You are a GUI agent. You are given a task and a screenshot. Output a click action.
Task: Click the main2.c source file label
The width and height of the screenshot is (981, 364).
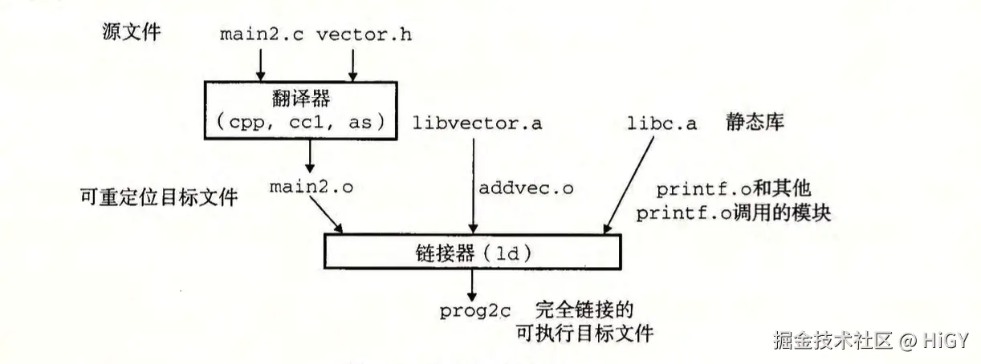coord(262,35)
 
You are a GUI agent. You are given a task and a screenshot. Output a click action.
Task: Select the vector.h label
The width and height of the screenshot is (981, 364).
coord(364,35)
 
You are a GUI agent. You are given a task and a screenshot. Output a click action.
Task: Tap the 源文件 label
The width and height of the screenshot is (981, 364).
coord(132,31)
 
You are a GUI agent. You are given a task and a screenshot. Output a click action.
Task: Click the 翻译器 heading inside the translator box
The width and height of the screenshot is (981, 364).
coord(301,98)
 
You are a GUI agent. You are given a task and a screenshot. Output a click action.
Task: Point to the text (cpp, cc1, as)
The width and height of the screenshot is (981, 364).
coord(301,122)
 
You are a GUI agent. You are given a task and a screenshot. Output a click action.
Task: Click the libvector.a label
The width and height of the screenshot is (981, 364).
coord(478,123)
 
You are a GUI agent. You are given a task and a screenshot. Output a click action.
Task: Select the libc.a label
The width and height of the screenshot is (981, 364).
coord(661,123)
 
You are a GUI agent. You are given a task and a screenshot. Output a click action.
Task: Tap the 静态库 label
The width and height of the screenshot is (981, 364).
coord(755,122)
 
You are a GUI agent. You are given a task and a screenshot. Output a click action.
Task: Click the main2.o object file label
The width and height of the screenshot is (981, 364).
coord(311,187)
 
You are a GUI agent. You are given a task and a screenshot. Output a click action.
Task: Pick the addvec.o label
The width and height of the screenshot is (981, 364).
coord(526,188)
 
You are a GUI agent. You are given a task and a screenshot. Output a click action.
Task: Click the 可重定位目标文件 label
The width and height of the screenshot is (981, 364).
coord(159,197)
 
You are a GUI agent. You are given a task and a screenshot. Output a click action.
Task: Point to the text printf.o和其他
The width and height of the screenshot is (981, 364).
coord(734,189)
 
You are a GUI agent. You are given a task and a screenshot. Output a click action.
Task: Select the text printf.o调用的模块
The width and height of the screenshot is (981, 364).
coord(734,213)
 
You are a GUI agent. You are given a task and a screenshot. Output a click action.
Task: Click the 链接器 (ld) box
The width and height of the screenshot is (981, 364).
coord(473,252)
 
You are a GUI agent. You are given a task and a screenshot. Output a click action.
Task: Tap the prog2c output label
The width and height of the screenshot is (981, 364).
coord(475,311)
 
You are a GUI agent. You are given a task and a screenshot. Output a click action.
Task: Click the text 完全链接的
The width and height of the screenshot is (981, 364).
coord(584,309)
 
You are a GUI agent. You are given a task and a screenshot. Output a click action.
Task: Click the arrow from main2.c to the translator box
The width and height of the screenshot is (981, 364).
coord(261,65)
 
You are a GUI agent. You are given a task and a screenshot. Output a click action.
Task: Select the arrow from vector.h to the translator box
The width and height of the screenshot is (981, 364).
coord(352,65)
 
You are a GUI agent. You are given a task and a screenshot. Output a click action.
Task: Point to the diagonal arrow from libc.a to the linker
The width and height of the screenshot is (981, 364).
coord(629,185)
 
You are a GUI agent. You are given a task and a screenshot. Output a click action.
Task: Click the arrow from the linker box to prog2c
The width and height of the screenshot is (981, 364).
coord(472,285)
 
